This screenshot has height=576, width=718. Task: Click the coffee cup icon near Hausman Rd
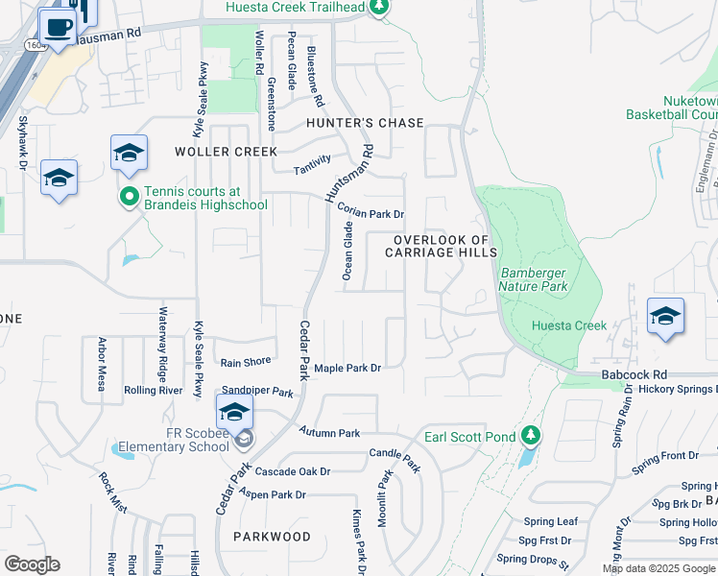point(58,27)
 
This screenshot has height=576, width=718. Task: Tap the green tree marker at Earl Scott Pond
point(531,437)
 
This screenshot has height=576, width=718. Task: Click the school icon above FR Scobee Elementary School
point(234,413)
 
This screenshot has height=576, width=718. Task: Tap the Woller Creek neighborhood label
point(226,152)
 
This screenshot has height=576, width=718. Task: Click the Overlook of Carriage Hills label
point(441,246)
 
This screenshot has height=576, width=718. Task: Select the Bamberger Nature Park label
point(533,279)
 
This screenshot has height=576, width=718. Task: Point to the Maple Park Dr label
point(347,368)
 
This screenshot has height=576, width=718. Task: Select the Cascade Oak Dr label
point(292,471)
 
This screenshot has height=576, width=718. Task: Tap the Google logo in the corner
point(32,564)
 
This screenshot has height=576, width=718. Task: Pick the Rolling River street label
point(154,391)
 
